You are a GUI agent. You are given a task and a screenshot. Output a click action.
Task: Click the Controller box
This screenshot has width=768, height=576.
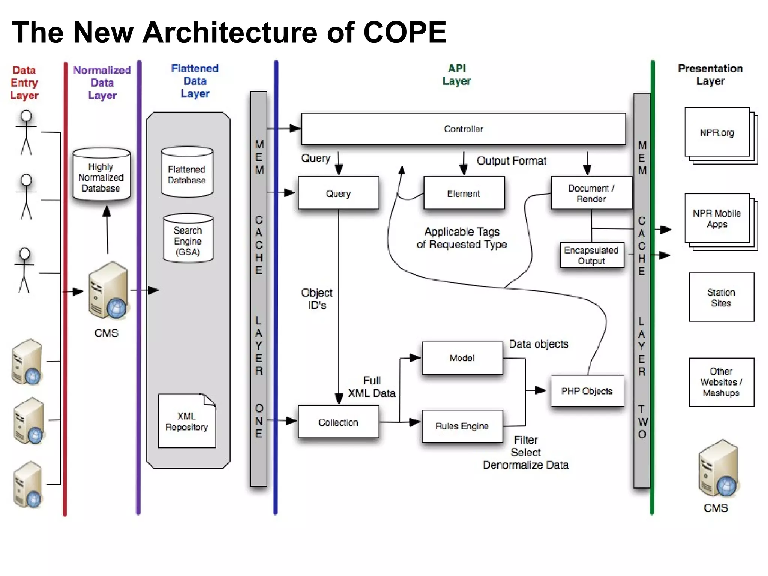(x=463, y=129)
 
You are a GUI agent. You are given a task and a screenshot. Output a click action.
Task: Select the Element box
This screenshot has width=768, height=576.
(x=464, y=193)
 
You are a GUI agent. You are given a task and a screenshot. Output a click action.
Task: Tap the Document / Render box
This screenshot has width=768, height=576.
(x=591, y=193)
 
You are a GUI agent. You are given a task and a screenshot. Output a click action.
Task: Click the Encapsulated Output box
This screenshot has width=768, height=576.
(x=591, y=255)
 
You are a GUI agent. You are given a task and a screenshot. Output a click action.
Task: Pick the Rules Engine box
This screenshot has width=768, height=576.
(x=462, y=426)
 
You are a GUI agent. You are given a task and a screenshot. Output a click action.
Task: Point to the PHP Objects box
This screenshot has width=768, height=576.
(x=587, y=391)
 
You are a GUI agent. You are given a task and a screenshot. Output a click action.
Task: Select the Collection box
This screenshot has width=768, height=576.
(x=338, y=422)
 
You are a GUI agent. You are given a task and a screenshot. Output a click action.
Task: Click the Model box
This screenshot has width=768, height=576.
(x=462, y=358)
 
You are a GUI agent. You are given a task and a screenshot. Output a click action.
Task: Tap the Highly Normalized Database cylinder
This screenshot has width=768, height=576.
(x=101, y=175)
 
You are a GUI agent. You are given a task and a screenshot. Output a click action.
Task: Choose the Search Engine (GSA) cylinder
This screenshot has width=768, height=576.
(x=188, y=239)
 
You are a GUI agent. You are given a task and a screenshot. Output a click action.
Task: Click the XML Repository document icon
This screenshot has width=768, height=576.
(x=187, y=421)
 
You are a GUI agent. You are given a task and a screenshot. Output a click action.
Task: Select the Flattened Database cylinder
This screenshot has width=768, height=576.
(x=187, y=172)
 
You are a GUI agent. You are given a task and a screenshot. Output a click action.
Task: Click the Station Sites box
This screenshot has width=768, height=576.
(x=721, y=297)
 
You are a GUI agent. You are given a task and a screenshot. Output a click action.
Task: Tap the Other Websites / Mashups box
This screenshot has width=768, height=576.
(x=721, y=382)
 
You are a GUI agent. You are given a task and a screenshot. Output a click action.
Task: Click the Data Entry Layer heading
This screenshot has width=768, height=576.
(x=24, y=82)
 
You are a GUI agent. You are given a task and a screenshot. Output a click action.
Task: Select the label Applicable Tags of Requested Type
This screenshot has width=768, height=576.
(x=462, y=238)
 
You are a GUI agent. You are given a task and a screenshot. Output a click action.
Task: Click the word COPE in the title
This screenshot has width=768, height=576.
(x=405, y=32)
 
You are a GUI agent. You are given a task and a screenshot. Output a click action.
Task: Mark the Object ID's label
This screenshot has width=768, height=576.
(x=317, y=298)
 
